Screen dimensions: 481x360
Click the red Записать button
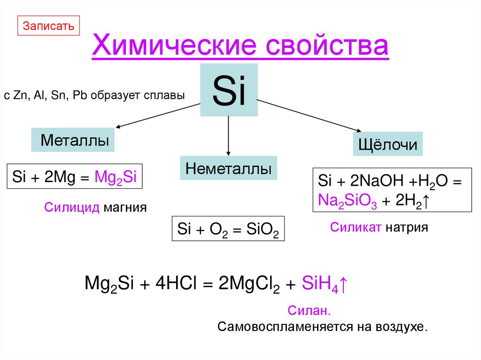[49, 25]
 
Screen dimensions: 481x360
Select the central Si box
[229, 90]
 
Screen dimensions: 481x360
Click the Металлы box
[73, 140]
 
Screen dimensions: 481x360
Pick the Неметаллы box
[228, 169]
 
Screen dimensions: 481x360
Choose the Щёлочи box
[388, 144]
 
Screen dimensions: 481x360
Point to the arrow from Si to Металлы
[157, 116]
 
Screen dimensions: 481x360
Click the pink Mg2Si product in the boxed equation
[116, 177]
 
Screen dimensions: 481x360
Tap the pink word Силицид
[72, 207]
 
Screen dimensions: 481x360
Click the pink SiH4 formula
[321, 283]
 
